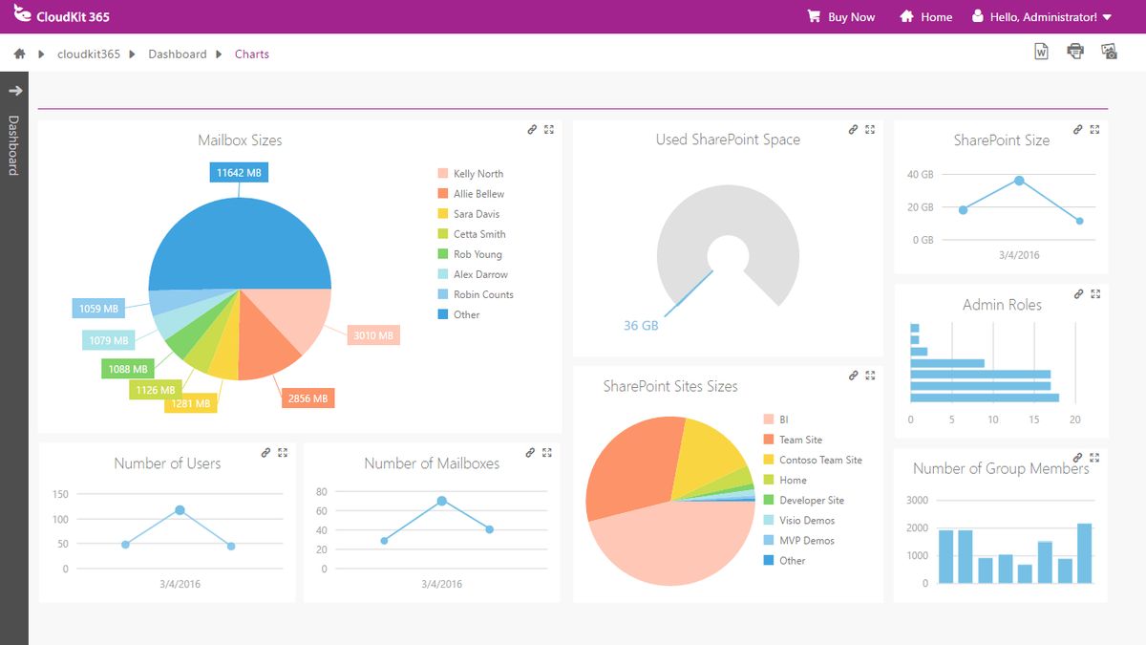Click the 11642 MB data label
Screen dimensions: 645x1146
(x=239, y=173)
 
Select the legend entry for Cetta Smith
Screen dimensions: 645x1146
(x=478, y=234)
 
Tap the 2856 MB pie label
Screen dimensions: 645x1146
(x=308, y=398)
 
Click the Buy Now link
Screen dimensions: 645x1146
(x=841, y=17)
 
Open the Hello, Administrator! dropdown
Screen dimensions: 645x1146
(x=1042, y=17)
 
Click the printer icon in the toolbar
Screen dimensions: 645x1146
(x=1075, y=52)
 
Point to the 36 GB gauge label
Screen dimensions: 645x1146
(x=641, y=326)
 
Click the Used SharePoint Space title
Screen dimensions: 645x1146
(x=728, y=140)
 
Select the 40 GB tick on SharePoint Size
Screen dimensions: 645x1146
(x=920, y=175)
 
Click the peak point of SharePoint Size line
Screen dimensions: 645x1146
(x=1019, y=181)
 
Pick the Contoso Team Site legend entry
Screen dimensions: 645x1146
(x=819, y=460)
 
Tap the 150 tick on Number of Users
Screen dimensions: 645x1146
(x=60, y=494)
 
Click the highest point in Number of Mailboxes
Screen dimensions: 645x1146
(x=441, y=501)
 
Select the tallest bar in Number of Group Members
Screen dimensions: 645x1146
(x=1084, y=553)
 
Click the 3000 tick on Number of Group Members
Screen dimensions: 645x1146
(x=917, y=500)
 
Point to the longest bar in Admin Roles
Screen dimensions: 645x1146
(x=985, y=398)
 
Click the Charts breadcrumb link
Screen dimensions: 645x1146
(x=252, y=54)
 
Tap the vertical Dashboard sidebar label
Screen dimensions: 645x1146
(x=13, y=145)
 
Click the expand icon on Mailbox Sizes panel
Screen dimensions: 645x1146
(x=549, y=130)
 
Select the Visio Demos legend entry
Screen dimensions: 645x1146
(x=806, y=521)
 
